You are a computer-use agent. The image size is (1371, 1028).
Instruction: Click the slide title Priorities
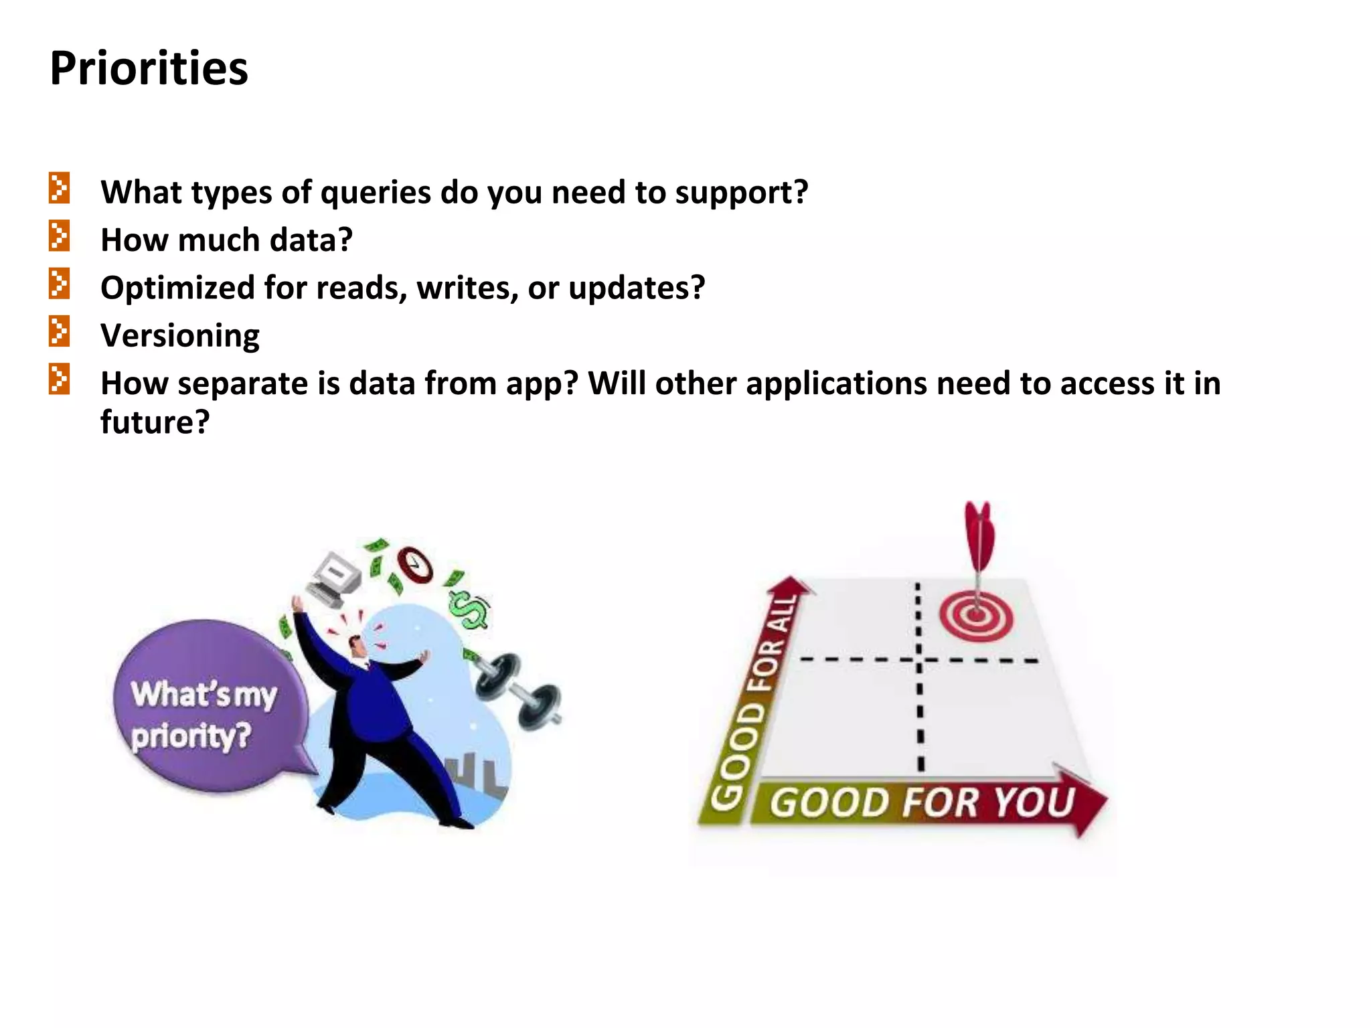(149, 69)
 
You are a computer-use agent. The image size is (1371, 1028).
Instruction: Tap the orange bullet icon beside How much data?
(59, 236)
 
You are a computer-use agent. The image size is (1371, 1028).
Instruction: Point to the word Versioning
(180, 336)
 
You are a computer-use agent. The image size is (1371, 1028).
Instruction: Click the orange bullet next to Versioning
(59, 332)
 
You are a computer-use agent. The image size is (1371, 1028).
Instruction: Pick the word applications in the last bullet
(836, 384)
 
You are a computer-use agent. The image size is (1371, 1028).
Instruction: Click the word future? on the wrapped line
(155, 422)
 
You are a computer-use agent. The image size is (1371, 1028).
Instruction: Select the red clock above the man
(414, 566)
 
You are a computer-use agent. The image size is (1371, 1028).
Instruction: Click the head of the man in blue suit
(357, 645)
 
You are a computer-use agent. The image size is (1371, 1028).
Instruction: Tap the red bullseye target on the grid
(975, 616)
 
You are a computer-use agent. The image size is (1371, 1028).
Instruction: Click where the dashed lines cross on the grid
(918, 661)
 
